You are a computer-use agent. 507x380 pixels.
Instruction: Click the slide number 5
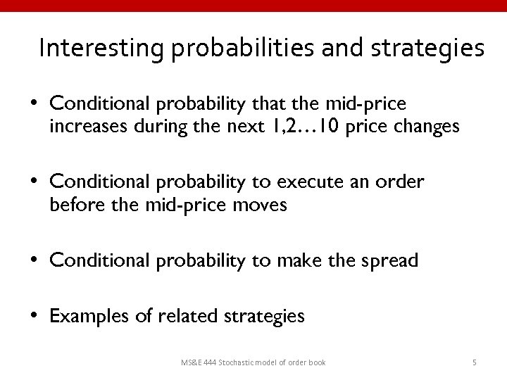(x=475, y=362)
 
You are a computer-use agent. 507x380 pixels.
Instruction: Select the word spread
(x=391, y=261)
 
